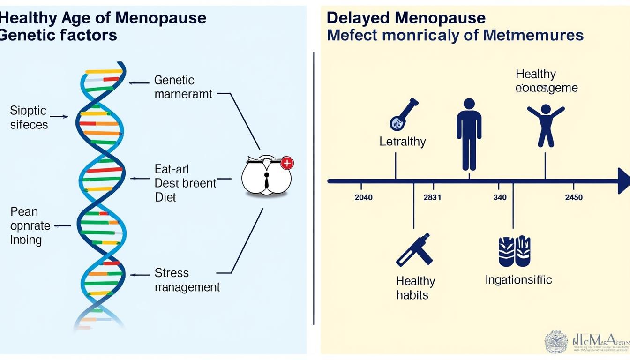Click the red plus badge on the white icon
(286, 163)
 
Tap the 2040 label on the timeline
(364, 197)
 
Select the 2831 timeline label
(432, 197)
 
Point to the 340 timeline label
(500, 197)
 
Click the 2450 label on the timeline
(574, 197)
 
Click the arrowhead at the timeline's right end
(623, 181)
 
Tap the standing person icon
(469, 134)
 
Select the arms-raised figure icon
(545, 125)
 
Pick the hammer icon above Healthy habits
(415, 250)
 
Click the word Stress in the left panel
(172, 273)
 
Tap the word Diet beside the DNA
(165, 197)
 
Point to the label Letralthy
(403, 142)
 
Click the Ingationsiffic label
(518, 280)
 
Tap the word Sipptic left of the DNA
(28, 111)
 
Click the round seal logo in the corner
(556, 342)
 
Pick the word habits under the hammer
(412, 295)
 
